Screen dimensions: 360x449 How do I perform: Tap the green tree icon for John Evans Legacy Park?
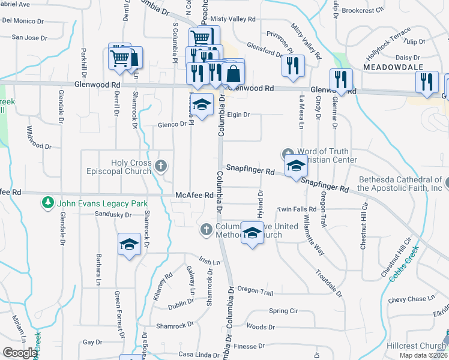coord(47,203)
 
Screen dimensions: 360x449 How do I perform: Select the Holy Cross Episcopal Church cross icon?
coord(160,165)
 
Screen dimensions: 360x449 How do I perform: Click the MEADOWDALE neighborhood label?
coord(393,67)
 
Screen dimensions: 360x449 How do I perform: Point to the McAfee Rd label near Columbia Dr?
coord(194,195)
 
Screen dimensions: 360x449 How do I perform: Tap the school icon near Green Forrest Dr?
coord(128,244)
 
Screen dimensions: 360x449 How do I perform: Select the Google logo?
coord(20,353)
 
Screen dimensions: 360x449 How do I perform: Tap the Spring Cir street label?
coord(283,311)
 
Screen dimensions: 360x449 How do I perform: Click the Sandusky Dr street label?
coord(113,214)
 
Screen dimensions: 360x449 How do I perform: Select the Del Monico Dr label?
coord(23,20)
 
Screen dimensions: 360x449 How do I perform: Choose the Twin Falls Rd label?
coord(297,209)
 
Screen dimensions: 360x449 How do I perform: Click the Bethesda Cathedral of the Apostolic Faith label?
coord(400,184)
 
